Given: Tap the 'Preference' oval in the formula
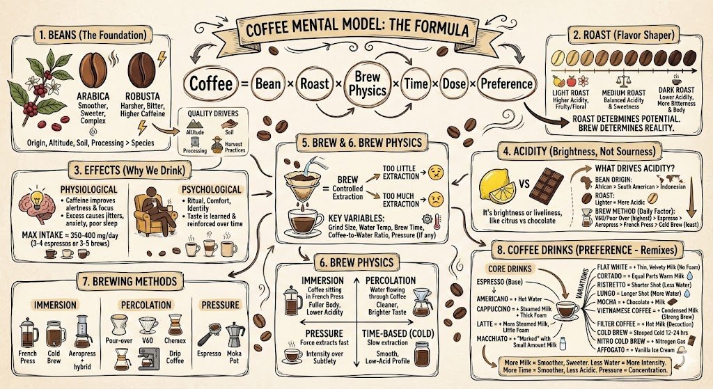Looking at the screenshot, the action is click(506, 84).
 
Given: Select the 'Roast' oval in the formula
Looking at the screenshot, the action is click(315, 84).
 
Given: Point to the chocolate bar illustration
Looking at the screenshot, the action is click(545, 182).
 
